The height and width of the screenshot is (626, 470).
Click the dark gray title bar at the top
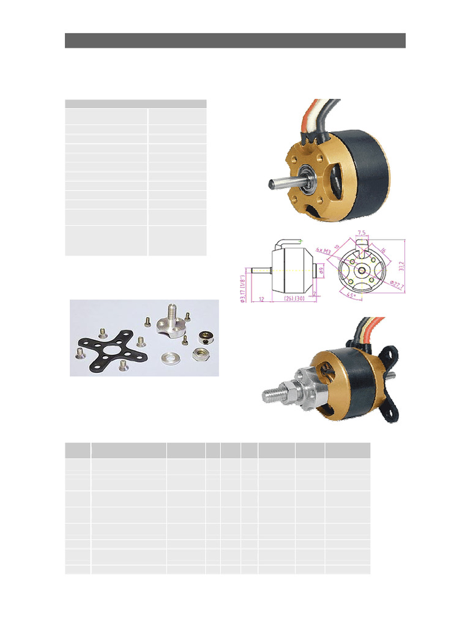235,40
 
